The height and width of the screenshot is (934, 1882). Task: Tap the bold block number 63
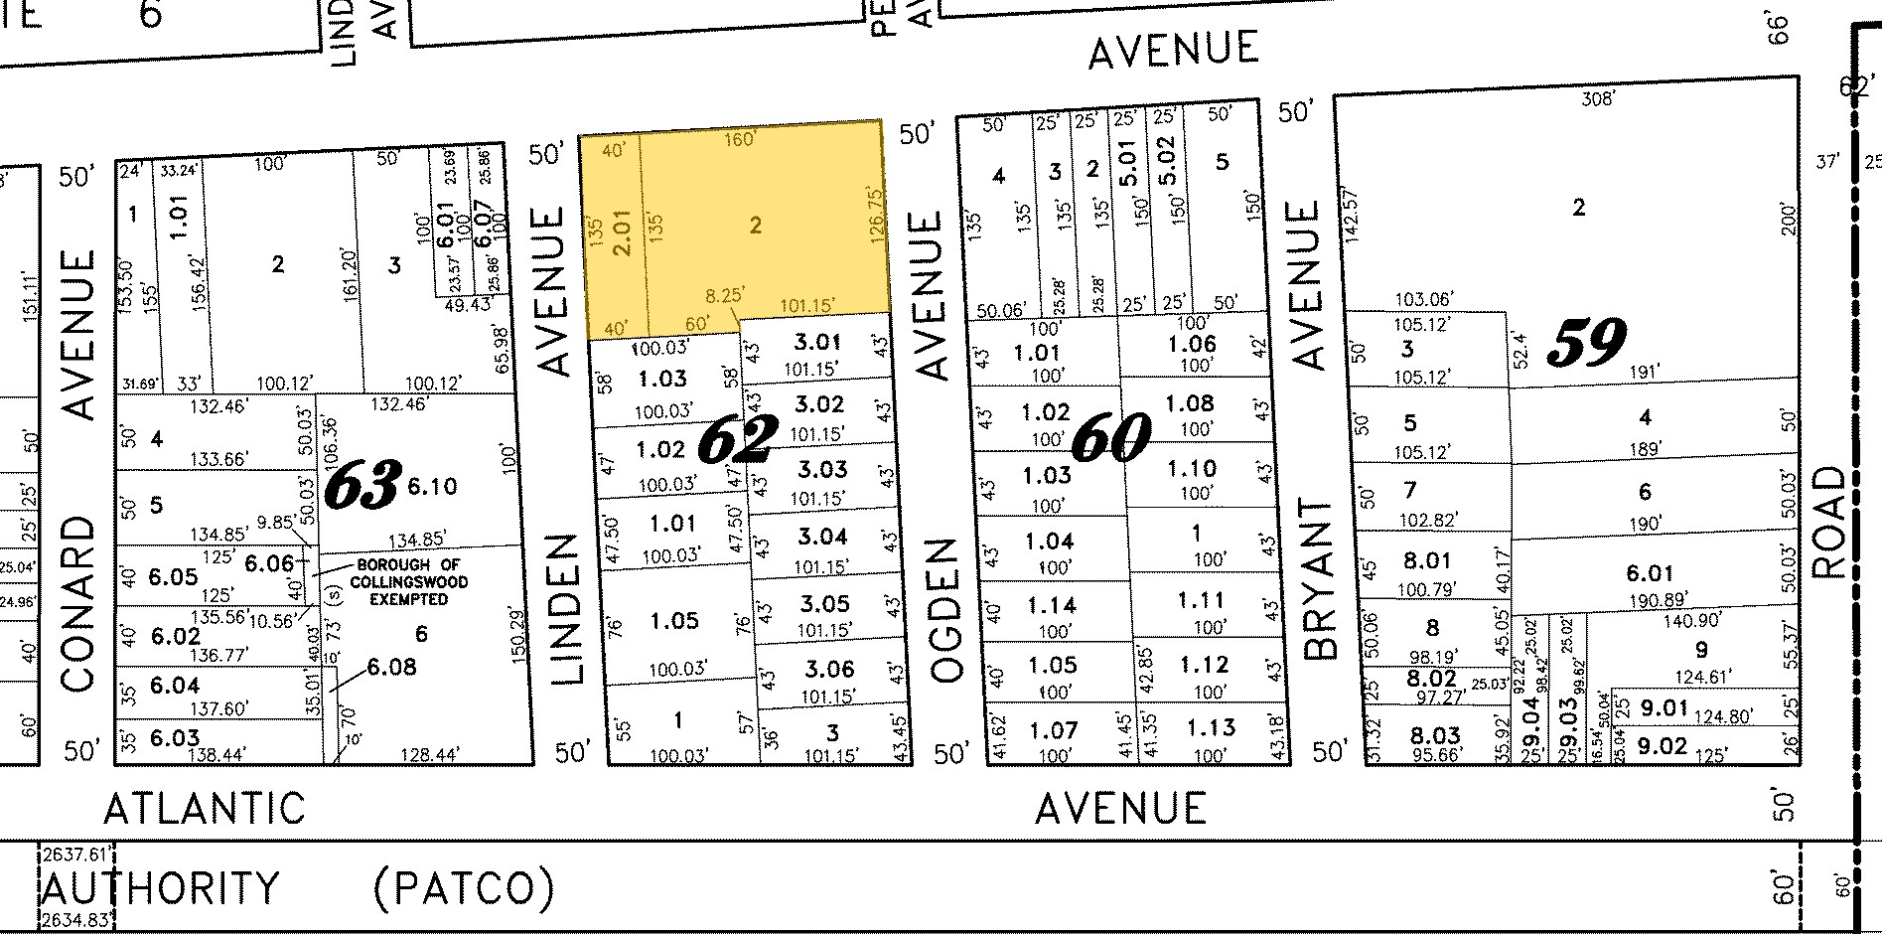[362, 486]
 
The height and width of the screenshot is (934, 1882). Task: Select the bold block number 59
[1586, 343]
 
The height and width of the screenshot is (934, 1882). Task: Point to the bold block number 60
[1111, 437]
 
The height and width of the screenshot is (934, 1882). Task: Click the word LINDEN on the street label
[564, 609]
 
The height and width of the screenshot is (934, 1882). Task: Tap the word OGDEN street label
[947, 610]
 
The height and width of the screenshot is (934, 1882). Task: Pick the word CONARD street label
[78, 603]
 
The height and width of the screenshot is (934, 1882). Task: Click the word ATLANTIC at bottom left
[205, 809]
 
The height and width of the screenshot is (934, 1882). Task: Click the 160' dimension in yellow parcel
[740, 139]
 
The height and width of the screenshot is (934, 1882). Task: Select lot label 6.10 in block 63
[431, 486]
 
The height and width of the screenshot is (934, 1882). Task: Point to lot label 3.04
[822, 537]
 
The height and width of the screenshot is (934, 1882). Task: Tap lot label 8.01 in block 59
[1428, 561]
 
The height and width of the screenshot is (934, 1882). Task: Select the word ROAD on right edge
[1828, 522]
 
